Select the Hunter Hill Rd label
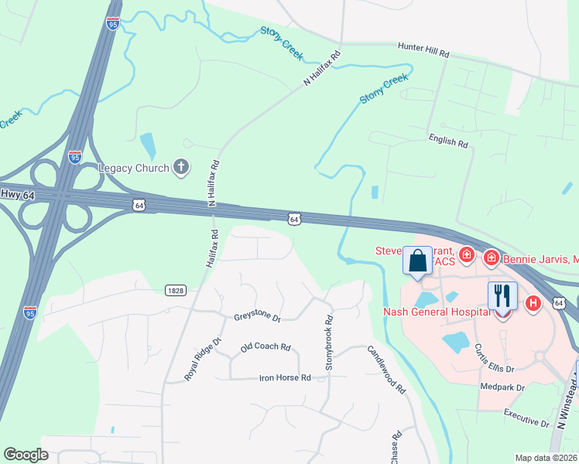pyautogui.click(x=423, y=49)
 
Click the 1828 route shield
pyautogui.click(x=175, y=289)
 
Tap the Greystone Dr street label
pyautogui.click(x=256, y=318)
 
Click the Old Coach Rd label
pyautogui.click(x=265, y=348)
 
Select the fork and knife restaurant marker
pyautogui.click(x=502, y=295)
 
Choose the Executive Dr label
pyautogui.click(x=526, y=418)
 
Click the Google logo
pyautogui.click(x=26, y=455)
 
